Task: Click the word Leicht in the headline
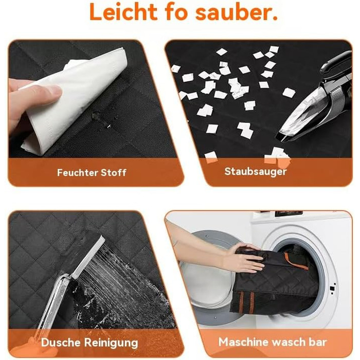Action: (x=123, y=12)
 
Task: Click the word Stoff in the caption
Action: (x=114, y=173)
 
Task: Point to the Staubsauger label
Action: (x=256, y=172)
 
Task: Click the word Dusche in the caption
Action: (x=61, y=343)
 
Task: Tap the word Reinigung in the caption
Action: (x=111, y=343)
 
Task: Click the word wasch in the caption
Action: (x=289, y=342)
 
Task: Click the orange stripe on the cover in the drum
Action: (x=296, y=262)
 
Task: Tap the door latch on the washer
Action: (x=332, y=289)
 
